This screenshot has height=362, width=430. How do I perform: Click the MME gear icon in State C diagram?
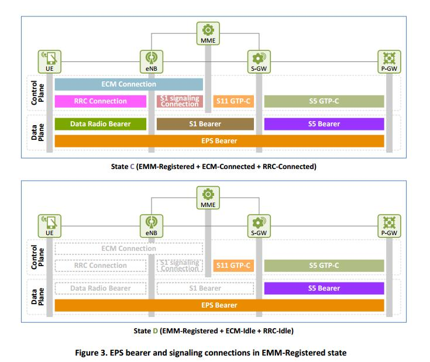coord(208,30)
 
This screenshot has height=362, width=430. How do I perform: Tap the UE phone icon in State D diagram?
coord(50,222)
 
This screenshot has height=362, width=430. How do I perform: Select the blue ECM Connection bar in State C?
coord(129,84)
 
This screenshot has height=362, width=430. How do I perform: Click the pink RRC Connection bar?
coord(100,101)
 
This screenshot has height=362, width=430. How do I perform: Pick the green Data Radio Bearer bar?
coord(100,124)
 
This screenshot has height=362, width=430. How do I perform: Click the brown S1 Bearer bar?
coord(205,124)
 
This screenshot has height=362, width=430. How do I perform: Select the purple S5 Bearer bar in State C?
coord(324,124)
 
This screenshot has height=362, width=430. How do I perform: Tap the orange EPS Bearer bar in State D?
coord(219,305)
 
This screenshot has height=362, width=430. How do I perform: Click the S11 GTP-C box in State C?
coord(233,101)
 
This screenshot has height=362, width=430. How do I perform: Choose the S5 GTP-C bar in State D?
coord(324,266)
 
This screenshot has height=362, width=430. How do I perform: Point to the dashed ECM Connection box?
coord(129,249)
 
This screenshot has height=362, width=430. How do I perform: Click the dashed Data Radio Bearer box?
coord(100,288)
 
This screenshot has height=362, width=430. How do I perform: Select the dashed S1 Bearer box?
coord(205,288)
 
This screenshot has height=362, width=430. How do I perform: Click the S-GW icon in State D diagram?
coord(257,222)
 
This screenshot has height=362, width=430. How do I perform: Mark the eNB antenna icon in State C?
coord(150,58)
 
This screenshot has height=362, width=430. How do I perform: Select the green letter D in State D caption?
coord(155,330)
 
